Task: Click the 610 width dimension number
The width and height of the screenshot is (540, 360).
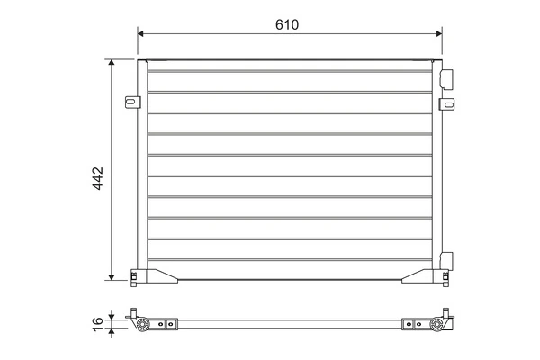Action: click(x=287, y=24)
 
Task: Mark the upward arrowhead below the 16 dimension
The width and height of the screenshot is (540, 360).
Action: click(x=112, y=331)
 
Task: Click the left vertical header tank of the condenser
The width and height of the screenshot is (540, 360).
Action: click(x=142, y=171)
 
